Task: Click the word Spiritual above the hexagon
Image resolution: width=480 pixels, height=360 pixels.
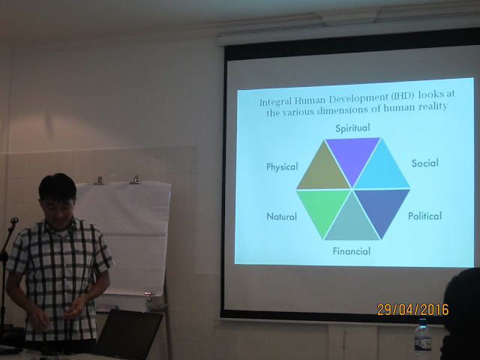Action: click(352, 128)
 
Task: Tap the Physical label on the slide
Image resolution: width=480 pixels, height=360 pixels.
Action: click(282, 166)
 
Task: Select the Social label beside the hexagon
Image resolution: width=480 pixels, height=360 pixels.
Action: click(425, 163)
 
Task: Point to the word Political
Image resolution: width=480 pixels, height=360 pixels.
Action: click(425, 216)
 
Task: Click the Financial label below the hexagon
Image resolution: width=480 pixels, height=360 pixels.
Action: click(352, 251)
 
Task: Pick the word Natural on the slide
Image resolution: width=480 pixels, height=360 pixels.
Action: click(282, 217)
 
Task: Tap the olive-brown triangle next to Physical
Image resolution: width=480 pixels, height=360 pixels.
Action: click(323, 172)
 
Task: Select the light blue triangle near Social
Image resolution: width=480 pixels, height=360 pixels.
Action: click(382, 170)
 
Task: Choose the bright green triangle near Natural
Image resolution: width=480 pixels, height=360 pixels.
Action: click(323, 208)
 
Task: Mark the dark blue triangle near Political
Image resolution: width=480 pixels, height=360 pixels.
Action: click(382, 208)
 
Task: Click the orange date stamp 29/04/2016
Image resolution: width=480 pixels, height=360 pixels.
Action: click(412, 310)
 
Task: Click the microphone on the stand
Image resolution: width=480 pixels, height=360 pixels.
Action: click(14, 220)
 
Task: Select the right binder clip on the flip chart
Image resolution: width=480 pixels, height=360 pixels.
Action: click(135, 180)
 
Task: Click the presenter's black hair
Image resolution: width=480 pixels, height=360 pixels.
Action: click(58, 187)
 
